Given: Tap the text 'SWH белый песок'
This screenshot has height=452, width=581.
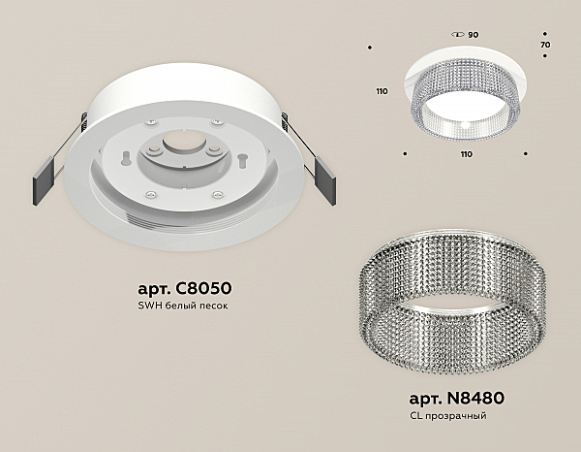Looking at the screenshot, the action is click(x=183, y=306).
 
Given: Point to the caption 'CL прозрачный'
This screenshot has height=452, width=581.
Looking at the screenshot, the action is click(x=448, y=416).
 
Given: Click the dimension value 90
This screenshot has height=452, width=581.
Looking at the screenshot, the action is click(x=474, y=35).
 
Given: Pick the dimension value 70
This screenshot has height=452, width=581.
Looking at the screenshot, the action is click(x=545, y=45).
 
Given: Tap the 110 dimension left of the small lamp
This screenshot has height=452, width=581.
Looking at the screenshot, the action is click(x=382, y=91).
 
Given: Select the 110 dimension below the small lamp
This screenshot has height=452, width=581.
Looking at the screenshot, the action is click(x=467, y=154).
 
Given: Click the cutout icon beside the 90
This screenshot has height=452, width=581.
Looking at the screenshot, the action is click(x=458, y=35).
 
